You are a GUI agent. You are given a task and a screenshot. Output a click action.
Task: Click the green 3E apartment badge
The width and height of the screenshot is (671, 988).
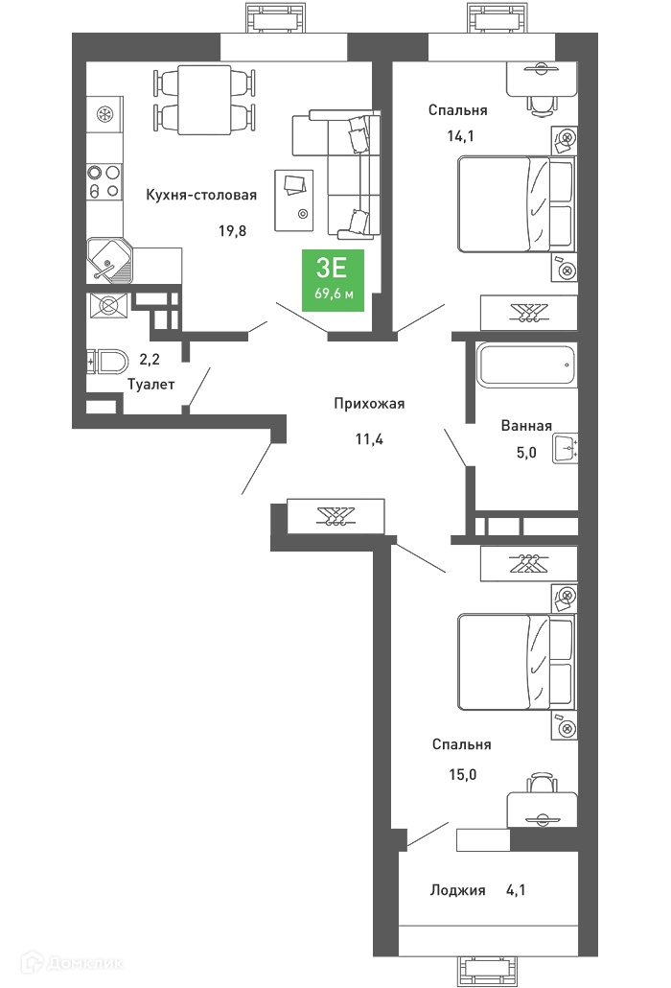click(333, 280)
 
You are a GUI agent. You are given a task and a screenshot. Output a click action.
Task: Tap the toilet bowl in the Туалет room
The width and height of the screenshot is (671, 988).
click(107, 362)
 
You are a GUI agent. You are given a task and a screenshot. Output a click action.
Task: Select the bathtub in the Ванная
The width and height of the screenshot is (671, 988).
click(526, 365)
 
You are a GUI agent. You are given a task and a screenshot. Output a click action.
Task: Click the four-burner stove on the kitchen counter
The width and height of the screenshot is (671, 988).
click(104, 181)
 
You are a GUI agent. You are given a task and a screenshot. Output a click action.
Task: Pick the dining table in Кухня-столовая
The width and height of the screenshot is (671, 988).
click(204, 100)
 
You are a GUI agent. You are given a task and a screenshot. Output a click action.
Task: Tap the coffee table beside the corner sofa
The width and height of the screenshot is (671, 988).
click(294, 200)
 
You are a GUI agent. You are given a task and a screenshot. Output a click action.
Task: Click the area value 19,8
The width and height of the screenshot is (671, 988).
click(232, 230)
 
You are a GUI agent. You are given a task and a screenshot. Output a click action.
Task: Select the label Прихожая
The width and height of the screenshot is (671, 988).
click(369, 403)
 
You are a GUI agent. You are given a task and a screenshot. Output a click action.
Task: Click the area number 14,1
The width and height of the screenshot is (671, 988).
click(460, 135)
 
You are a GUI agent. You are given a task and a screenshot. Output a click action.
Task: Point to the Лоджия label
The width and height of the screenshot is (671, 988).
click(457, 890)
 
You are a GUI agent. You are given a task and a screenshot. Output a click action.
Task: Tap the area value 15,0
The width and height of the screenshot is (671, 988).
click(463, 774)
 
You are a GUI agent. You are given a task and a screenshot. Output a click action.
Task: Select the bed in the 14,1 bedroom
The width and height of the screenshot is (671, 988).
click(516, 204)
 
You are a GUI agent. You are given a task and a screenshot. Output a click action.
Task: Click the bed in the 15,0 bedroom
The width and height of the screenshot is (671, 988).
click(516, 662)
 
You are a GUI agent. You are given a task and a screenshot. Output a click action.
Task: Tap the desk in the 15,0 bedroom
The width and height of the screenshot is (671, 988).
click(542, 810)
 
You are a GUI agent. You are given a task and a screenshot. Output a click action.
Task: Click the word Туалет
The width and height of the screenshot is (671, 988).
click(150, 384)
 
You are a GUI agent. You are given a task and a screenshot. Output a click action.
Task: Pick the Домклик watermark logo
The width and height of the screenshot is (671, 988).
click(72, 962)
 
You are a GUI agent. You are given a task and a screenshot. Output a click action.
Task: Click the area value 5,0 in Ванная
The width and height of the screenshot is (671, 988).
click(526, 452)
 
